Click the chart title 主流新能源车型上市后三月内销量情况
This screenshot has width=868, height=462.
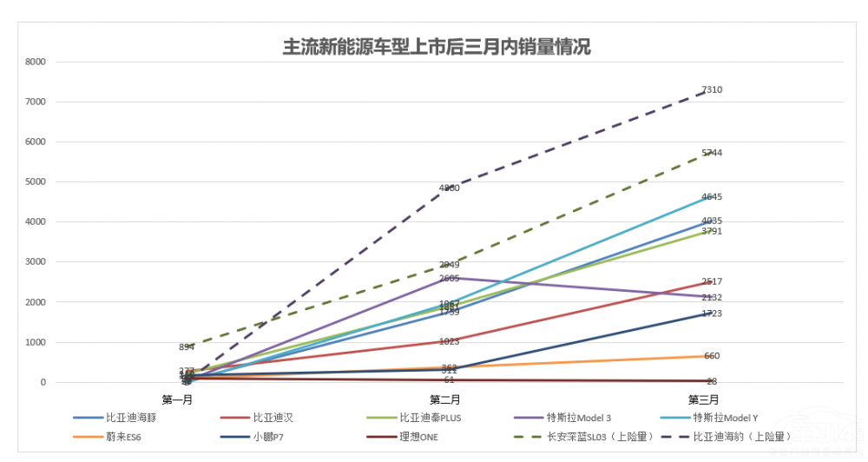coord(437,46)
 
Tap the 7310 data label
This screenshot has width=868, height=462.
coord(712,90)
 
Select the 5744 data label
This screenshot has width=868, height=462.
coord(712,153)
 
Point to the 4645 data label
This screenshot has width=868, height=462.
coord(712,197)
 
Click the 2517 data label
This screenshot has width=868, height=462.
coord(712,281)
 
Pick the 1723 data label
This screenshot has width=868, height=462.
coord(712,313)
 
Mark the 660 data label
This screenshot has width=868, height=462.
coord(712,356)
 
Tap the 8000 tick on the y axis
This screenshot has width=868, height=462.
coord(36,62)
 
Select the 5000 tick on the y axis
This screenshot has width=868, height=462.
coord(36,182)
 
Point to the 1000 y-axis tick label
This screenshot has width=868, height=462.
coord(36,342)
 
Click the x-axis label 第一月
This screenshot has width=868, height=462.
coord(176,399)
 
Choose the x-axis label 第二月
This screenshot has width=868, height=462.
coord(444,399)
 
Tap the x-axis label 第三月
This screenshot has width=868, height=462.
coord(703,399)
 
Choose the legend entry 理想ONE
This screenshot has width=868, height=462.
coord(418,436)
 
